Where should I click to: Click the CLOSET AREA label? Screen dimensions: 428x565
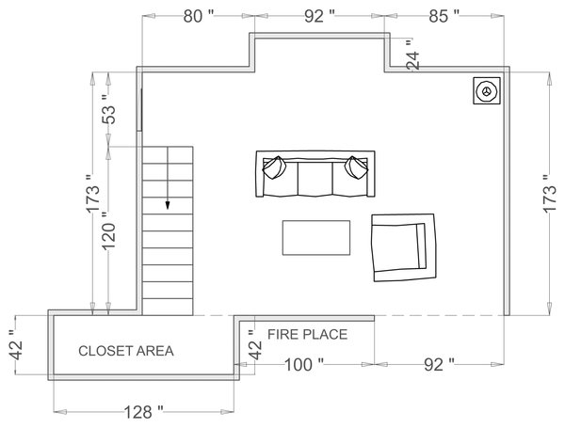[x=125, y=352]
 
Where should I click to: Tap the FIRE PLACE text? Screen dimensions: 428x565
[x=308, y=334]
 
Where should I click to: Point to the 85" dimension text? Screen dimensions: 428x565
[x=444, y=15]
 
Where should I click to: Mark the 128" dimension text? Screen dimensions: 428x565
[x=142, y=411]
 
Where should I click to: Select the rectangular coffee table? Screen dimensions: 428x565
[x=316, y=236]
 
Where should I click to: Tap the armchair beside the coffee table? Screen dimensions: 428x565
[x=403, y=247]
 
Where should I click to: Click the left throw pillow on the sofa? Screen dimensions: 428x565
[x=274, y=167]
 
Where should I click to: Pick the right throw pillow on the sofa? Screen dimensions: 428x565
[x=356, y=167]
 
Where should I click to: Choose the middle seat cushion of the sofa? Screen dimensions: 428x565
[x=315, y=178]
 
